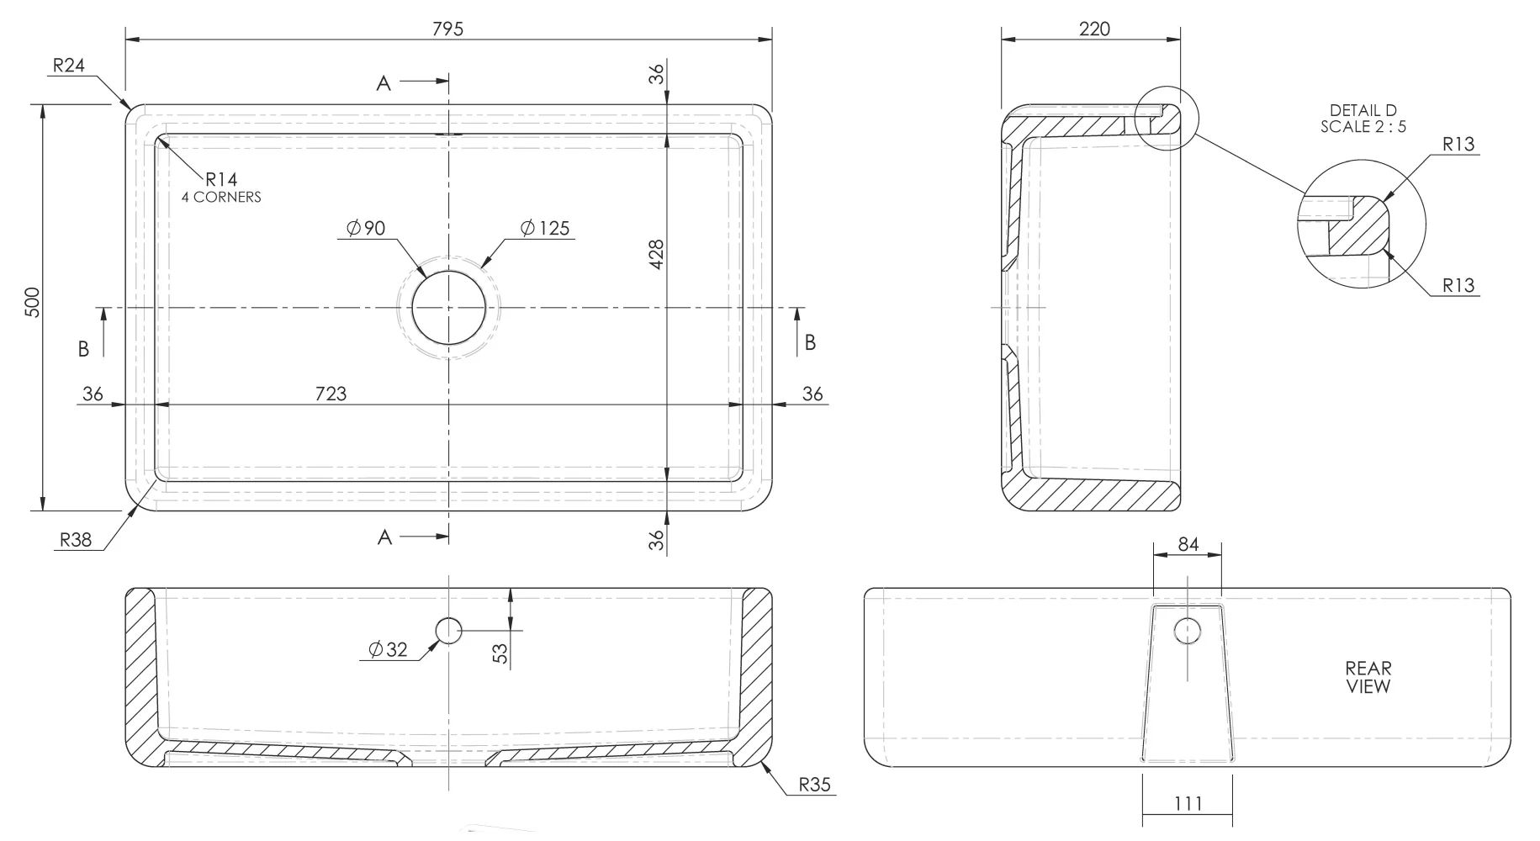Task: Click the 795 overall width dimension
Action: pos(447,29)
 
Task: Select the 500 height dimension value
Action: pos(32,303)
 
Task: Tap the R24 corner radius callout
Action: pos(69,65)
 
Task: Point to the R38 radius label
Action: pos(75,539)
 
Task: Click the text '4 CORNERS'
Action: pos(221,197)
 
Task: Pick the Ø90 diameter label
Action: pos(366,228)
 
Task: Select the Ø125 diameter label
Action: pos(545,228)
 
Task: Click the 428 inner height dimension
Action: pos(657,255)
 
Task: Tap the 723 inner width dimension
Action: pos(331,394)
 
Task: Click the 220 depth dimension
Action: pos(1094,29)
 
